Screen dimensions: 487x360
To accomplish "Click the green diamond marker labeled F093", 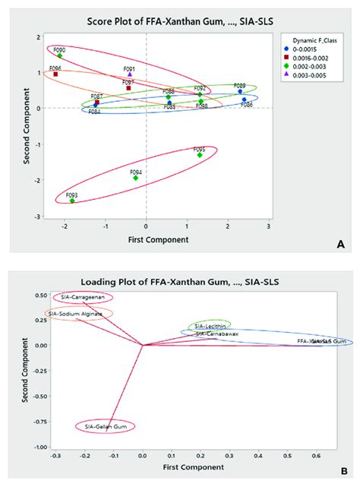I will tap(72, 201).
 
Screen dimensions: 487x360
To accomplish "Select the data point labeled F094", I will tap(136, 177).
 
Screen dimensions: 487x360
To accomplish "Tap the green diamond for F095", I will tap(200, 155).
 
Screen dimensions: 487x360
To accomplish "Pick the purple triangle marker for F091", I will tap(129, 74).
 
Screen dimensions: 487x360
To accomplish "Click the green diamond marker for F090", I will tap(59, 55).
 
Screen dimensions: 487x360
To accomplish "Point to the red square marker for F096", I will tap(55, 74).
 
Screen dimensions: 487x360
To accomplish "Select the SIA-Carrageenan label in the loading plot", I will tap(83, 297).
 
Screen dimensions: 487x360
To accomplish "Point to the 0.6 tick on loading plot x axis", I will tap(317, 457).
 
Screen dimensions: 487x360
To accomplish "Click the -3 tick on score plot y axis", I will tap(35, 217).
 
